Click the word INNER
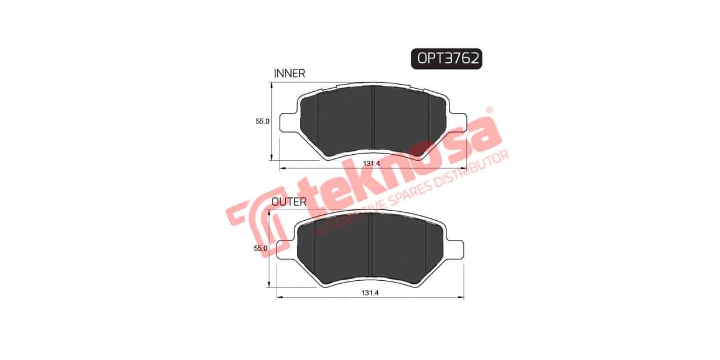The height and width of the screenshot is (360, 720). point(289,73)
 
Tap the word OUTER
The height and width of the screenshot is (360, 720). point(289,202)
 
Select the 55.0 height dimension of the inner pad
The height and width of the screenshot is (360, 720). point(263,121)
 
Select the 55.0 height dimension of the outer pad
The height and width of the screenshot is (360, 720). point(260,248)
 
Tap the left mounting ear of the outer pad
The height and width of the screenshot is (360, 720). point(286,248)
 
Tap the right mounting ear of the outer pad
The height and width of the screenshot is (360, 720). point(455,248)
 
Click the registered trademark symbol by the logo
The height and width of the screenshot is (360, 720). point(489,110)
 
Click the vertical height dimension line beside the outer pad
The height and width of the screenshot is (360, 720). point(268,249)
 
